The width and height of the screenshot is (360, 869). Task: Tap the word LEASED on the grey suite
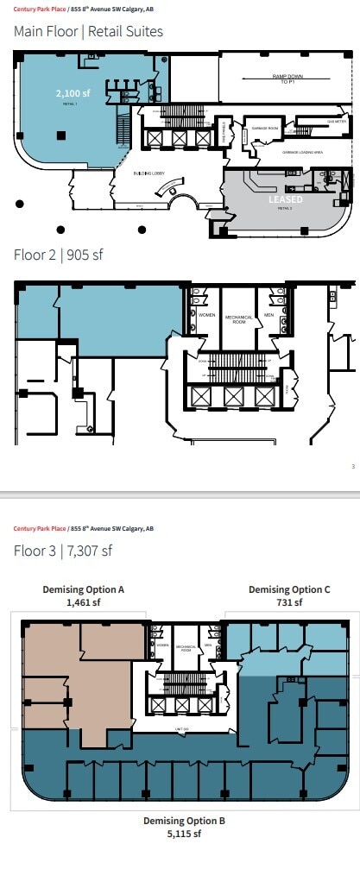pyautogui.click(x=284, y=198)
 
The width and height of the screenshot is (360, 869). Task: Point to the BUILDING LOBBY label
pyautogui.click(x=149, y=173)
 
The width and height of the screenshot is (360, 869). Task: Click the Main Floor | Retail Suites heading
pyautogui.click(x=88, y=32)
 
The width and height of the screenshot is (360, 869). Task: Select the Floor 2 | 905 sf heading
pyautogui.click(x=59, y=255)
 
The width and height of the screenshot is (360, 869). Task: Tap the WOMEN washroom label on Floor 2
pyautogui.click(x=207, y=315)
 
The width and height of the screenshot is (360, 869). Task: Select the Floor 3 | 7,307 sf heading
pyautogui.click(x=63, y=551)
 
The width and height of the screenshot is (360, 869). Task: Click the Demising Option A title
pyautogui.click(x=84, y=589)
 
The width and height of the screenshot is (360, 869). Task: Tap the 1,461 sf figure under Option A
pyautogui.click(x=84, y=602)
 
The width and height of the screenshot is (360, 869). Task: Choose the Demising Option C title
pyautogui.click(x=289, y=589)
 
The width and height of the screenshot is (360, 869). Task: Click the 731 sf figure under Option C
pyautogui.click(x=289, y=602)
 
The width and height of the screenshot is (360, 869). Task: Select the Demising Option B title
pyautogui.click(x=184, y=821)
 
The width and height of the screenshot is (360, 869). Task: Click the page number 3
pyautogui.click(x=353, y=467)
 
